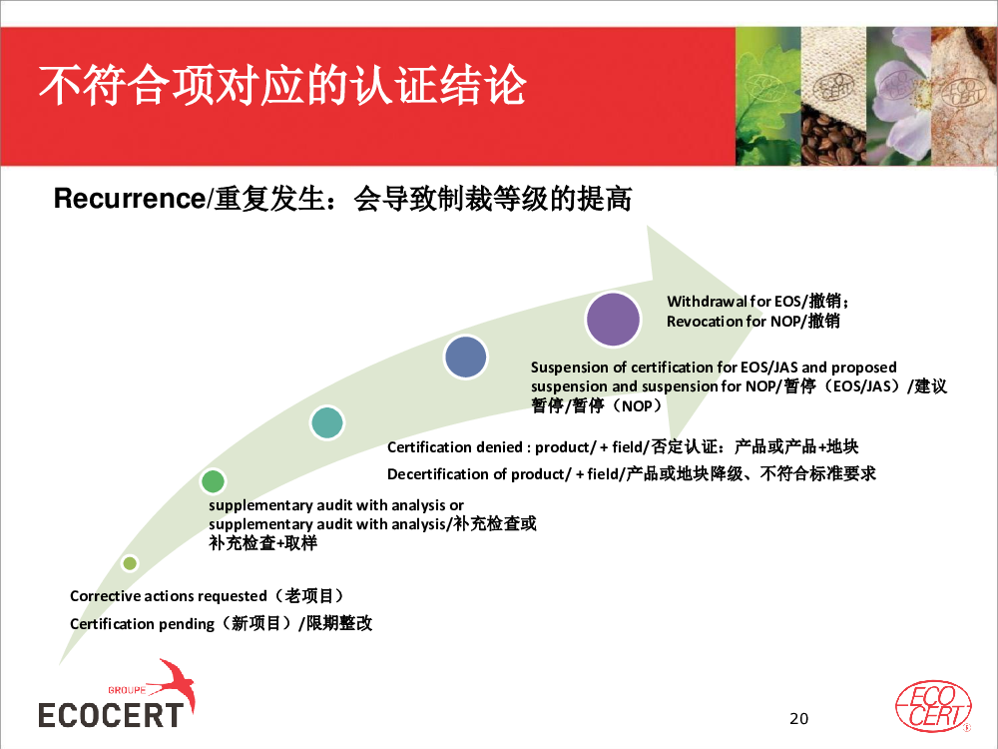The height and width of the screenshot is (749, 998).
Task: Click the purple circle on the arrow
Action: point(613,320)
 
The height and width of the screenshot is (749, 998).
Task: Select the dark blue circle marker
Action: point(466,358)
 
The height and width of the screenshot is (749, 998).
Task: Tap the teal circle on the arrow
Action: point(327,422)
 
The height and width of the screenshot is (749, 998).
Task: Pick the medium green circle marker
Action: point(213,481)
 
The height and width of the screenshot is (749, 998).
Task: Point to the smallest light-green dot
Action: point(130,563)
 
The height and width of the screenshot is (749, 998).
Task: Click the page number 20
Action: point(798,718)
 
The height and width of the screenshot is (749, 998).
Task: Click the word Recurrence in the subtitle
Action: point(129,198)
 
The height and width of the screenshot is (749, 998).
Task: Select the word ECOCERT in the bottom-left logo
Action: point(111,715)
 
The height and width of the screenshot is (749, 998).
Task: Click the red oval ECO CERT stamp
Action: point(933,706)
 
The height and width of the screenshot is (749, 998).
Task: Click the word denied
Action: point(502,447)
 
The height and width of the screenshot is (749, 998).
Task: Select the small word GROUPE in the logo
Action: point(127,690)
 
